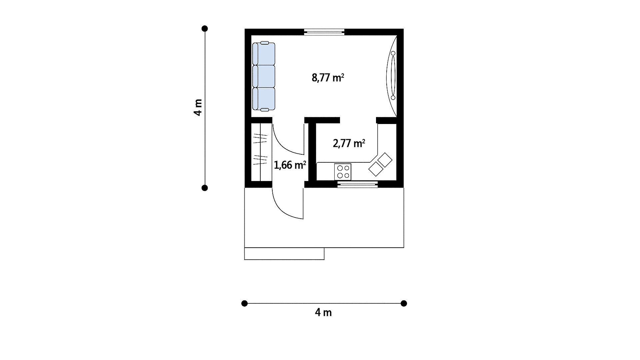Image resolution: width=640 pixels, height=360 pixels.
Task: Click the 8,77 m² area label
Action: coord(328,78)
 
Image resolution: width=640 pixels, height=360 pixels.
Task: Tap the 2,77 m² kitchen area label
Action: coord(349,143)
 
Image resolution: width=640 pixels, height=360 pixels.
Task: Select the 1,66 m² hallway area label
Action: coord(290,165)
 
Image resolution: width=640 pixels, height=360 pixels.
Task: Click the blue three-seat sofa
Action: coord(264,76)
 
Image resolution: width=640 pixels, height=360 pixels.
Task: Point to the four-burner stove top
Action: coord(343,172)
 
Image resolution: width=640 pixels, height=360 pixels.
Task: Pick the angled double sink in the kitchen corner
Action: coord(381,164)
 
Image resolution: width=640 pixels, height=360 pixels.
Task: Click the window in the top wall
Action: coord(324,32)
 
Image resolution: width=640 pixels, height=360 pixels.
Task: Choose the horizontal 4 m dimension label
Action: coord(323,313)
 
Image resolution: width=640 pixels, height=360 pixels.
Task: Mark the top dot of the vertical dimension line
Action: coord(205,29)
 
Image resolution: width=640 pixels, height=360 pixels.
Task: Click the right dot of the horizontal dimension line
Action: coord(404,303)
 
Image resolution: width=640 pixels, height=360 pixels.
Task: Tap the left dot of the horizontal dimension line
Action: coord(244,303)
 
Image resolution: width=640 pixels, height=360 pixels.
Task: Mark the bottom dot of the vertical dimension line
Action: coord(205,188)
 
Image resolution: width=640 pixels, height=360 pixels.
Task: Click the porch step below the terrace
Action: coord(284,254)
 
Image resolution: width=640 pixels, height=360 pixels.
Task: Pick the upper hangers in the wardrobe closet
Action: coord(260,138)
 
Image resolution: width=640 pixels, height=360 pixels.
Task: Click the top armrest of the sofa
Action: coord(264,43)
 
